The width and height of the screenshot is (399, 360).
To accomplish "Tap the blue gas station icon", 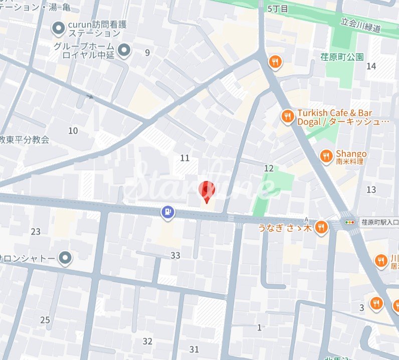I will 167,213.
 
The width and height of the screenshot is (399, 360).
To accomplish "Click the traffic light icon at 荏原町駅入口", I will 347,222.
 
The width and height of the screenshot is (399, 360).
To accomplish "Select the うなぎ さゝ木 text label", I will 285,228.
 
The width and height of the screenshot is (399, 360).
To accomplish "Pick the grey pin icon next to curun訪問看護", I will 59,29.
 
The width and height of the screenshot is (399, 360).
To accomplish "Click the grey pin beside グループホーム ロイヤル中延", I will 124,50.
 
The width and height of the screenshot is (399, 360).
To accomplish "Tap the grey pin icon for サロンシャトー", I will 65,258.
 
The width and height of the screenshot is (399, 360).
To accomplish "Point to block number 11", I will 185,158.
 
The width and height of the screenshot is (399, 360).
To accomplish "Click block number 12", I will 269,168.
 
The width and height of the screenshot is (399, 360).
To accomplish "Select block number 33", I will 175,256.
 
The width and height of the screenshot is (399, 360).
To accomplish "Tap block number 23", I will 36,232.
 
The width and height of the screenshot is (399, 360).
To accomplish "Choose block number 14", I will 371,66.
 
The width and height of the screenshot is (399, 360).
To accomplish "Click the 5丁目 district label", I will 278,9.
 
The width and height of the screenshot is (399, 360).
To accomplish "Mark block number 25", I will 45,320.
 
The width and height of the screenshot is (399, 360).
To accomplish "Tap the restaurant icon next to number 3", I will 376,303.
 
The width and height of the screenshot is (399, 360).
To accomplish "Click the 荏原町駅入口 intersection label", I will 379,222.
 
